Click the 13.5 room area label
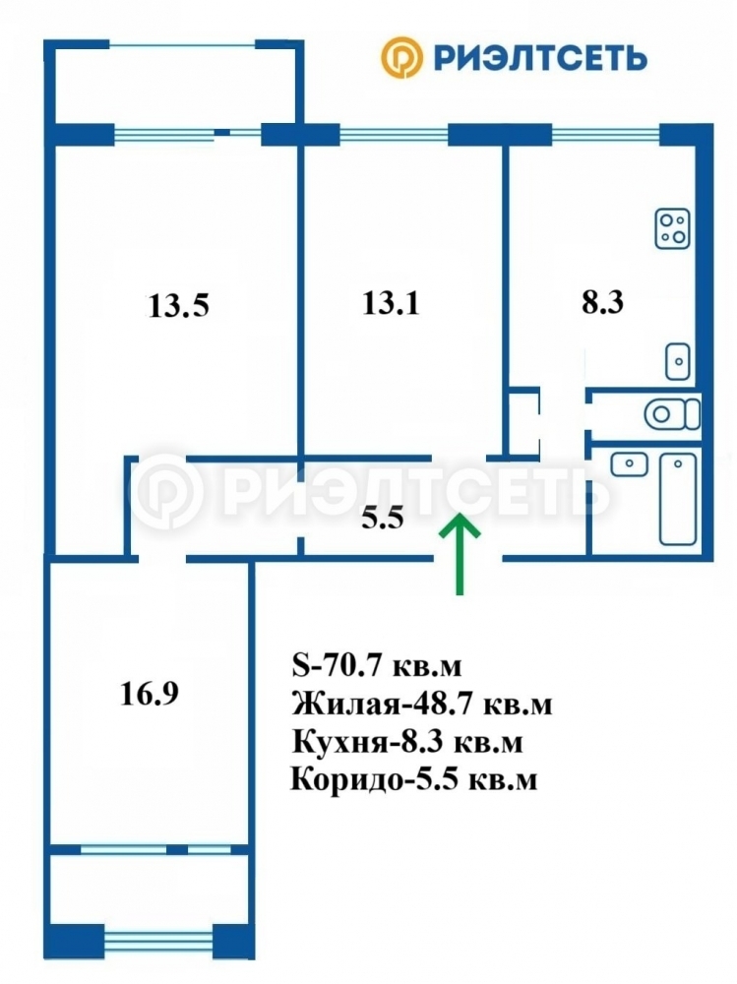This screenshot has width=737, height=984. (x=179, y=306)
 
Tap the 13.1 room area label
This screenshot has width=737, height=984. (x=391, y=304)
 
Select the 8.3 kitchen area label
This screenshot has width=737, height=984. (x=602, y=302)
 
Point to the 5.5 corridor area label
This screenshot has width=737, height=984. (x=383, y=519)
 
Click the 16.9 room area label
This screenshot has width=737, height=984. (x=150, y=694)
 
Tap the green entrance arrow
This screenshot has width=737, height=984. (x=460, y=553)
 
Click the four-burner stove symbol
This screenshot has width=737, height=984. (x=672, y=228)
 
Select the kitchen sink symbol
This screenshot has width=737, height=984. (x=678, y=361)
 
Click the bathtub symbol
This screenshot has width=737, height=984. (x=678, y=498)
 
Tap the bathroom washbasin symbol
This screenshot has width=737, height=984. (x=629, y=464)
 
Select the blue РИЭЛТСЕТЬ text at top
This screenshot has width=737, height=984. (x=540, y=58)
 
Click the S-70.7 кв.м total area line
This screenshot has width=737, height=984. (x=377, y=666)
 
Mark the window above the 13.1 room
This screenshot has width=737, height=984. (x=394, y=134)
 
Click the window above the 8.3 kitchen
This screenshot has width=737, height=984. (x=605, y=134)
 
